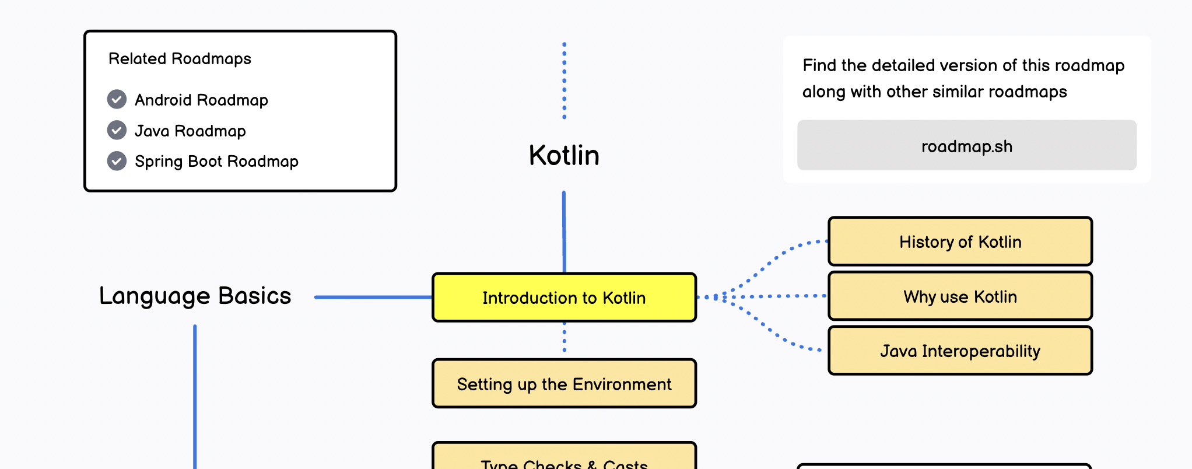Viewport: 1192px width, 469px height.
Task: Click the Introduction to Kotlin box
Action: pyautogui.click(x=564, y=297)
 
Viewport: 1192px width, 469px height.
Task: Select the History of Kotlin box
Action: pyautogui.click(x=960, y=242)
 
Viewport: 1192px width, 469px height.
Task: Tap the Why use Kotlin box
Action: pyautogui.click(x=960, y=296)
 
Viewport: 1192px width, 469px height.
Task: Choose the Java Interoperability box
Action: pyautogui.click(x=960, y=351)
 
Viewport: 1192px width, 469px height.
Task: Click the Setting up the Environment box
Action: pyautogui.click(x=564, y=384)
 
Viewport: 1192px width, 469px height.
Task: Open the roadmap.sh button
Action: pyautogui.click(x=966, y=146)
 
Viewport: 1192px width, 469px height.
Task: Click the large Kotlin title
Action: pyautogui.click(x=564, y=155)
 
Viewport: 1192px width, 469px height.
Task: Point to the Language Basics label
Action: pyautogui.click(x=195, y=296)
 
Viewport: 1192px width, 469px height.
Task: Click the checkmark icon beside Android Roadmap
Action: pyautogui.click(x=117, y=100)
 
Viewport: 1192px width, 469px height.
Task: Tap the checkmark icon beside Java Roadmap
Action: pyautogui.click(x=117, y=130)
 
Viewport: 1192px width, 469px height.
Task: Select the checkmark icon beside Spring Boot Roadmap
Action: pyautogui.click(x=117, y=161)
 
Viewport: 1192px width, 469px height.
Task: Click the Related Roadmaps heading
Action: pyautogui.click(x=180, y=59)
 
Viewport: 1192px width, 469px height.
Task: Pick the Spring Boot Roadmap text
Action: pyautogui.click(x=216, y=162)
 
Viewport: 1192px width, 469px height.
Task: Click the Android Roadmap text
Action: pyautogui.click(x=201, y=100)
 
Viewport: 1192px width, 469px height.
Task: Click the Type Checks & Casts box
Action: pyautogui.click(x=564, y=461)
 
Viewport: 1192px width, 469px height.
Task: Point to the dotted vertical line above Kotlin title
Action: pyautogui.click(x=564, y=80)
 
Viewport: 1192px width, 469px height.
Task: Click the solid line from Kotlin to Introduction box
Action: pyautogui.click(x=564, y=232)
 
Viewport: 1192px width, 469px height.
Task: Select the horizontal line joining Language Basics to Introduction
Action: pyautogui.click(x=373, y=297)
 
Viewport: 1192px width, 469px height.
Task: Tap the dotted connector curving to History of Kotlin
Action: pyautogui.click(x=776, y=257)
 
